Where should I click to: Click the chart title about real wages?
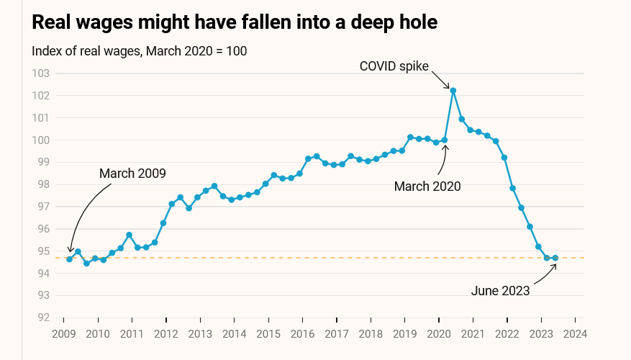235,22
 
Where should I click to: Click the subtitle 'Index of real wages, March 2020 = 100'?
140,51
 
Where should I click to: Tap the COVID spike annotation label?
394,66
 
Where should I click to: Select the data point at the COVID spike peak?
453,90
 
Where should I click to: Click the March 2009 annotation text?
132,174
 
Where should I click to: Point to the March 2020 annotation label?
427,186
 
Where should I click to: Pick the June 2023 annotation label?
500,291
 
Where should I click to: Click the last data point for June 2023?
555,258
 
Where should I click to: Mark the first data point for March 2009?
69,258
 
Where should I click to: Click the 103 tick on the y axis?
41,73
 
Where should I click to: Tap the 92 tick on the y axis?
41,318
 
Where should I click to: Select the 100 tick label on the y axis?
41,140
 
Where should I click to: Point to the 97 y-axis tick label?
41,207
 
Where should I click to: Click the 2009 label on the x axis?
63,334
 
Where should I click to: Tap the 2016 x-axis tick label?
302,334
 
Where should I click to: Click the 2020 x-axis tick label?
439,334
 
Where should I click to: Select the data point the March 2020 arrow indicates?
445,140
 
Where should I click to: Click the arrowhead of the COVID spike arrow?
449,87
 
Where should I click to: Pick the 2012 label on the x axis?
165,334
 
